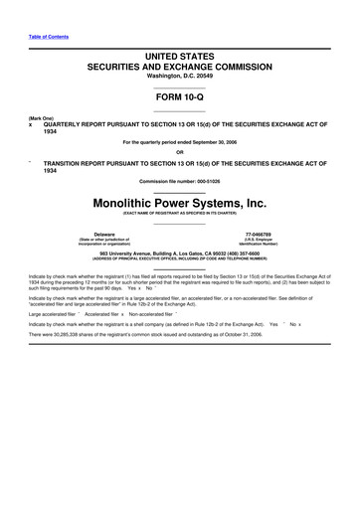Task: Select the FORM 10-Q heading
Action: point(180,100)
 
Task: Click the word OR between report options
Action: point(180,152)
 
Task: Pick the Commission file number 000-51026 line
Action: point(180,180)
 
